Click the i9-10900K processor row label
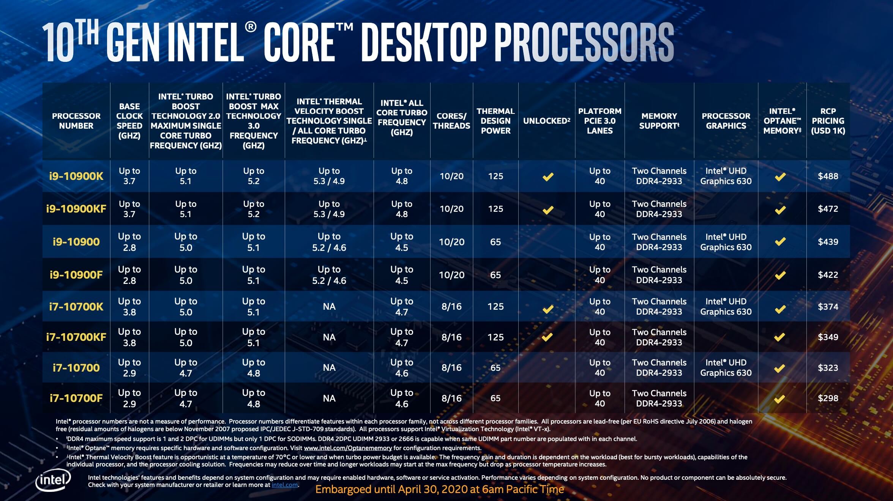[x=76, y=176]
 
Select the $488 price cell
[x=828, y=176]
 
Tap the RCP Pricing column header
[x=828, y=121]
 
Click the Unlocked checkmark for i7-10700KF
[x=547, y=337]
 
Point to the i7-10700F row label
[x=76, y=398]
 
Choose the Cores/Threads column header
[x=451, y=121]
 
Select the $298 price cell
[x=828, y=398]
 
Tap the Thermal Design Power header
[x=495, y=121]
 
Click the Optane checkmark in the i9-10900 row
[x=780, y=242]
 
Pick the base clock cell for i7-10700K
[x=129, y=307]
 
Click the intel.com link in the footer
[x=285, y=485]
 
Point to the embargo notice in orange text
[x=439, y=490]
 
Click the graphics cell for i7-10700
[x=726, y=367]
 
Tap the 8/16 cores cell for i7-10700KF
[x=451, y=337]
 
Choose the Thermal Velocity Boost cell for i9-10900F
[x=329, y=275]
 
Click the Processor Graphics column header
[x=726, y=121]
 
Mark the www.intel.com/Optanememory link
[x=348, y=448]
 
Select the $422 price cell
[x=828, y=275]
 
